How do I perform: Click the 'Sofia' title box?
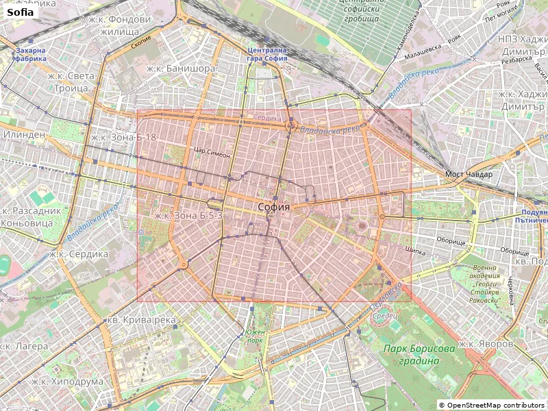21,12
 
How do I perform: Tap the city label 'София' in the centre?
274,207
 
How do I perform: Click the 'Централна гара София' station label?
267,54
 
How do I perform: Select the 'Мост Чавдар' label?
469,174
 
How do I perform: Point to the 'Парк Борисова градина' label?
419,355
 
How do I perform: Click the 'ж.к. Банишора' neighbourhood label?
181,68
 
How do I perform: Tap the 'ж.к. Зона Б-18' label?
123,138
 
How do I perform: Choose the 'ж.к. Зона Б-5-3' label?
188,215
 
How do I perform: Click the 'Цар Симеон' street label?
212,153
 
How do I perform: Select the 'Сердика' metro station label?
267,117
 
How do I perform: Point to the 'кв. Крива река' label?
140,320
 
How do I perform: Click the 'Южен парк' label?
255,336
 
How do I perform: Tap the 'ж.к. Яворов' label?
486,343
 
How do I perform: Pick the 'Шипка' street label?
416,250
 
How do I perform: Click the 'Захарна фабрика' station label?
31,54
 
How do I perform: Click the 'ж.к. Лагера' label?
25,346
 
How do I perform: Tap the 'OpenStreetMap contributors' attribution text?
493,405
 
